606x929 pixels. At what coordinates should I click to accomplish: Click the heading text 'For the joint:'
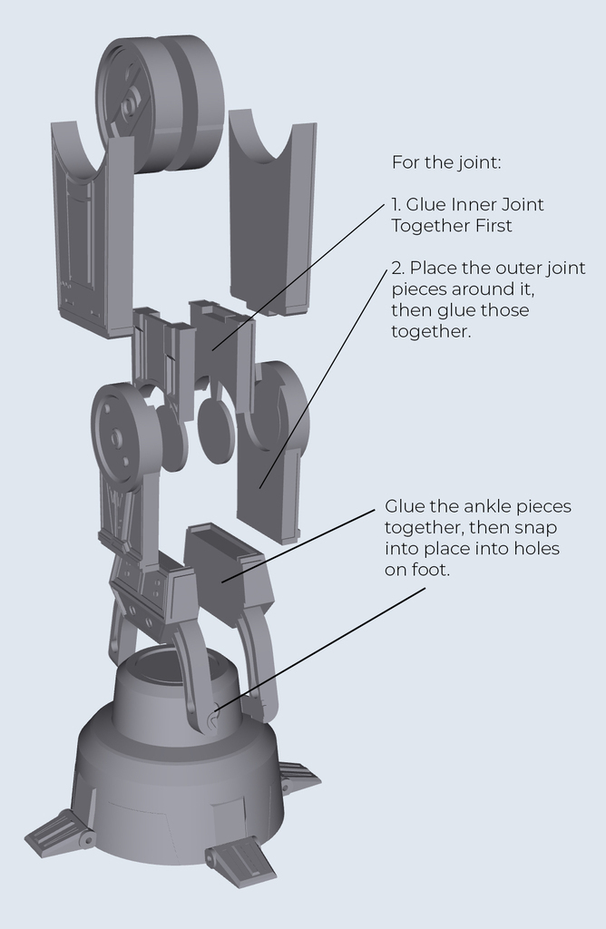click(x=445, y=162)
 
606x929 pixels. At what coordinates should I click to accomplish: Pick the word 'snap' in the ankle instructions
click(x=539, y=527)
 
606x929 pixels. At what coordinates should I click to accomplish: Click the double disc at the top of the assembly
click(x=160, y=102)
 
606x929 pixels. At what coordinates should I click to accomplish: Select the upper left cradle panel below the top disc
click(x=91, y=236)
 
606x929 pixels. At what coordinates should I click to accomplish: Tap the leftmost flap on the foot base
click(x=59, y=834)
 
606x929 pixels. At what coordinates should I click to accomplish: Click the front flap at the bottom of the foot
click(x=239, y=863)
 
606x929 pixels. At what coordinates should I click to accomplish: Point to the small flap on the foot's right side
click(x=298, y=777)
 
